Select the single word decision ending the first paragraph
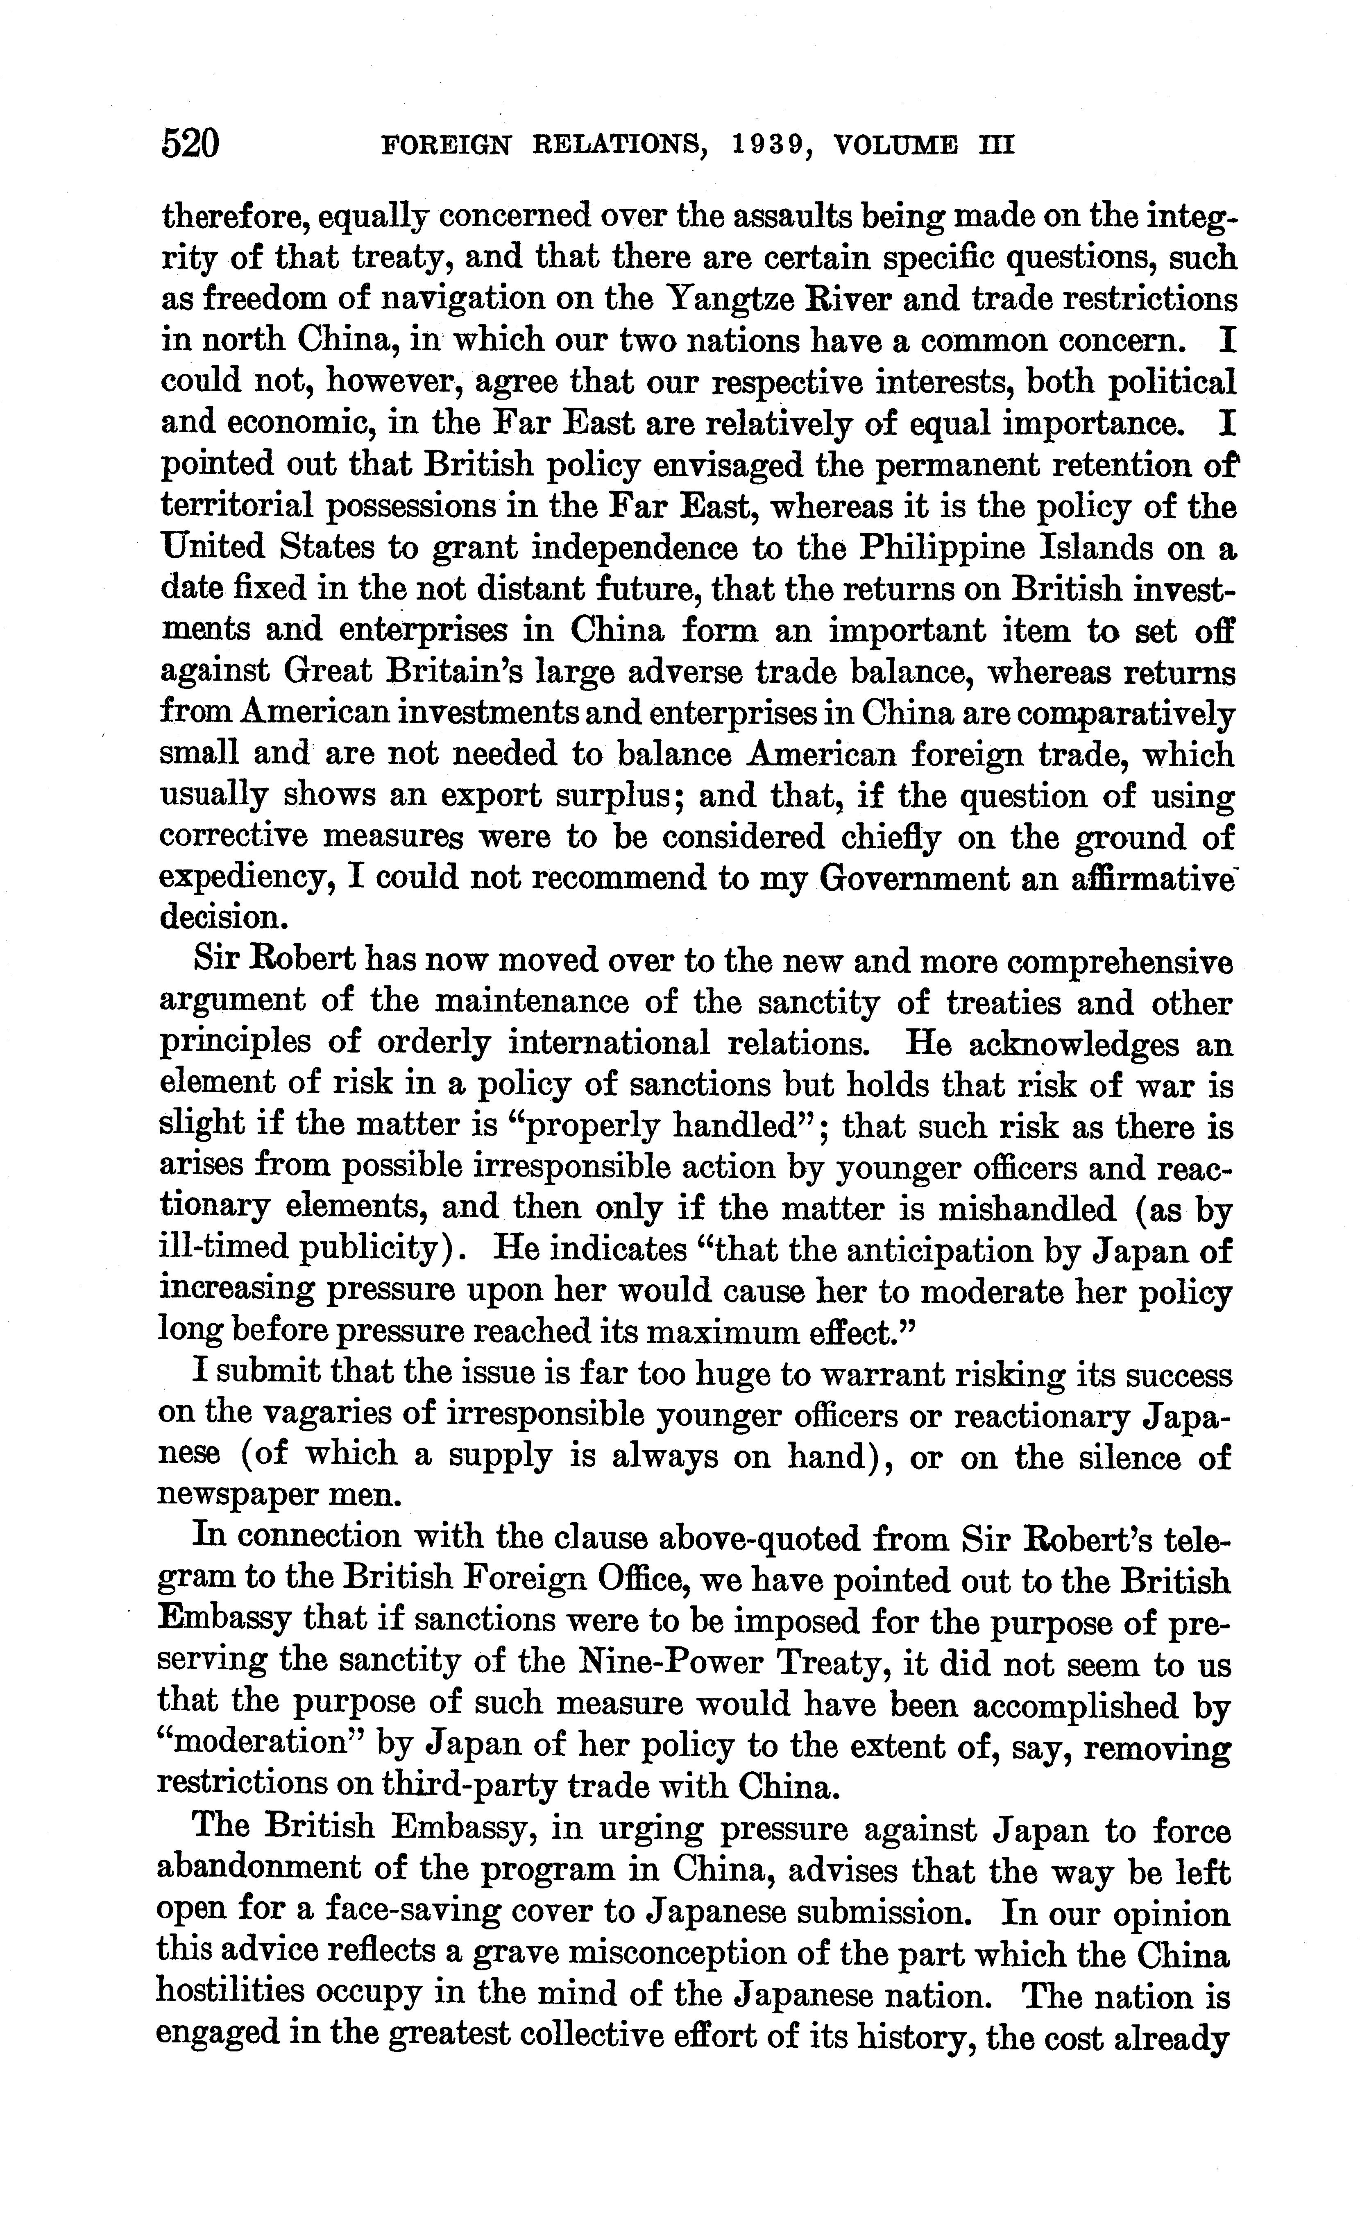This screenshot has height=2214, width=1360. click(x=220, y=918)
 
